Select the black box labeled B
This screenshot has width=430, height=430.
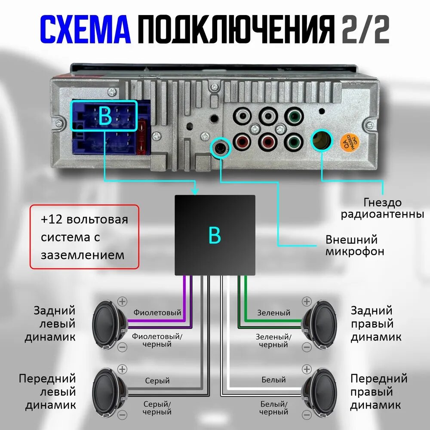point(215,235)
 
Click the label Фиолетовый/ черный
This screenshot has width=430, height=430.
point(157,340)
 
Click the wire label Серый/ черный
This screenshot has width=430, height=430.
point(157,408)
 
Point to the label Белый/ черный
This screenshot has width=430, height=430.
point(274,408)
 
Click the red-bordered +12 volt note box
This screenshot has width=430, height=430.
point(85,237)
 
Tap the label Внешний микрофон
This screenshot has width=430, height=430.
point(354,245)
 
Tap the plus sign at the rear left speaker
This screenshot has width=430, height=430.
point(123,301)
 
